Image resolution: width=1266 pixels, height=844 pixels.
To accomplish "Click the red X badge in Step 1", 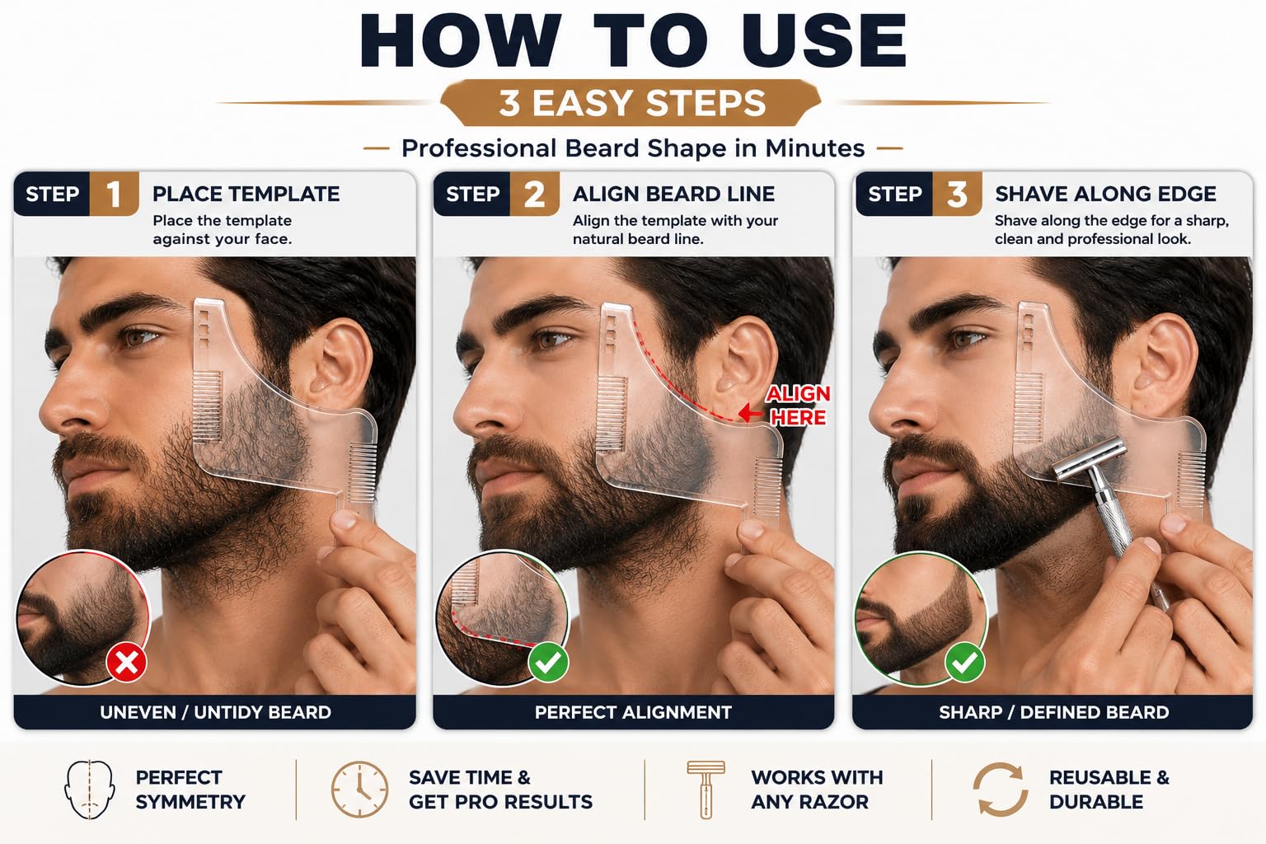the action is tap(127, 663).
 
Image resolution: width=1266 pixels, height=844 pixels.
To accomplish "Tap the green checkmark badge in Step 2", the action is tap(547, 663).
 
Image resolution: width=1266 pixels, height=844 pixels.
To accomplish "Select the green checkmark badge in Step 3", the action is tap(965, 663).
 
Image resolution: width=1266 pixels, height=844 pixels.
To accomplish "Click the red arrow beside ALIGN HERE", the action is tap(751, 413).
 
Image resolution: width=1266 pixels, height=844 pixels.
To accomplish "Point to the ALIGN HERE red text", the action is tap(798, 406).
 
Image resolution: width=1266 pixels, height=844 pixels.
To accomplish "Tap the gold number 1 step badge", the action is tap(115, 194).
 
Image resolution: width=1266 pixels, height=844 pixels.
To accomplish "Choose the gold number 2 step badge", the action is tap(535, 194).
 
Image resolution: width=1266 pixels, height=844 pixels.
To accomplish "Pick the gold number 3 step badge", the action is tap(957, 194).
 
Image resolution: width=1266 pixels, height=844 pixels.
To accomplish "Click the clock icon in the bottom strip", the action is tap(359, 790).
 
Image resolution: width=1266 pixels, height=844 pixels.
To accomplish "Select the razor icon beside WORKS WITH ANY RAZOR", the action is tap(706, 790).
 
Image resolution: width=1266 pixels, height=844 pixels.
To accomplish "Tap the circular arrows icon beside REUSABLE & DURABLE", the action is tap(1001, 790).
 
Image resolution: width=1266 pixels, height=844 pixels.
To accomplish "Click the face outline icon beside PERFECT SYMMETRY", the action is tap(90, 790).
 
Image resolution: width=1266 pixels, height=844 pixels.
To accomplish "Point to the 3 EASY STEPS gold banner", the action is tap(631, 103).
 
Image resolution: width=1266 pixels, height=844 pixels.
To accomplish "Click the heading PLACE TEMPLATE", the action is tap(246, 194).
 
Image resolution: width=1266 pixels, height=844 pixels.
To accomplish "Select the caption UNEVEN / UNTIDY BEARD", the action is tap(215, 712).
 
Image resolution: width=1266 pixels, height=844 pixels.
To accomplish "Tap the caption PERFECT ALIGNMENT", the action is tap(633, 712).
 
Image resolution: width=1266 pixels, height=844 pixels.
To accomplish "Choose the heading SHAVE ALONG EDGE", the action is tap(1105, 194).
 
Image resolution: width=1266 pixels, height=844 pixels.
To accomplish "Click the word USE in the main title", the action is tap(824, 40).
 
